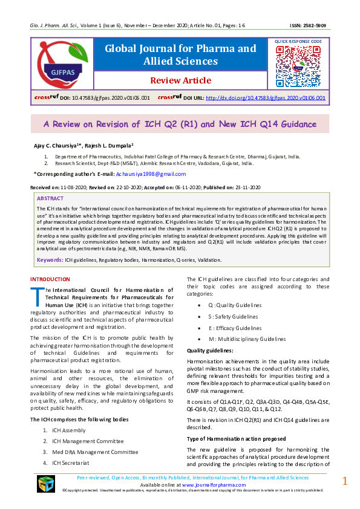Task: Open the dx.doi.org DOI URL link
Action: click(x=266, y=97)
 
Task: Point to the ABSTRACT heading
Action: click(x=50, y=198)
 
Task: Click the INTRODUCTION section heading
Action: click(x=50, y=279)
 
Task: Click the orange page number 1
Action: click(x=345, y=481)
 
